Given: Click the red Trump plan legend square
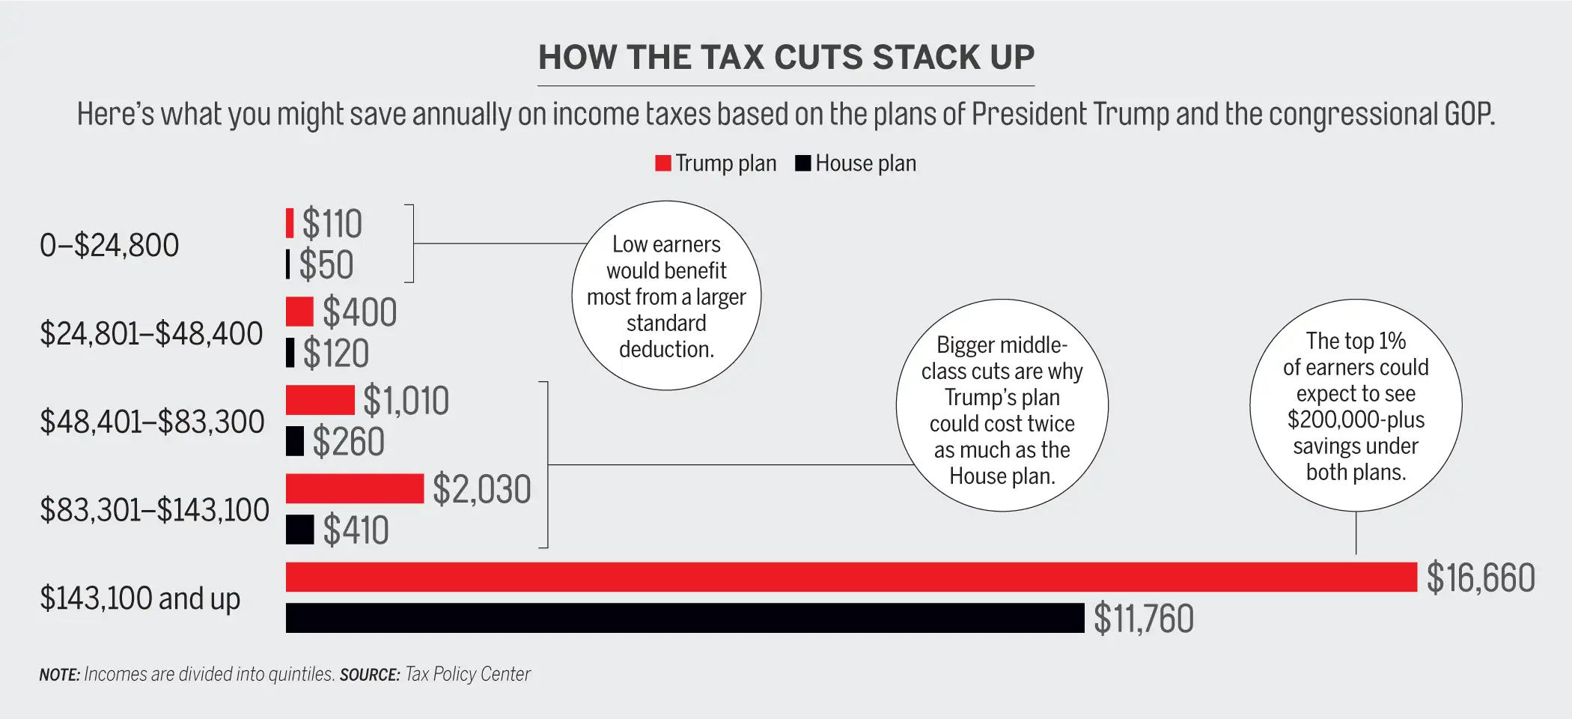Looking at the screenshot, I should (x=662, y=163).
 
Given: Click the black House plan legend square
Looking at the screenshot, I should (x=802, y=163).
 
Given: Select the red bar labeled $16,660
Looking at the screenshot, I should (x=851, y=577).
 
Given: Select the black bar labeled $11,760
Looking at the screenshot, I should (x=684, y=618).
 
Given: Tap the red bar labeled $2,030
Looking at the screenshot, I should (x=355, y=488).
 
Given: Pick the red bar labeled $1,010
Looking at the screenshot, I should (x=320, y=400).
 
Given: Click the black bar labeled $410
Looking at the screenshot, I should (x=299, y=530).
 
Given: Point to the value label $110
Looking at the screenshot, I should (x=332, y=224).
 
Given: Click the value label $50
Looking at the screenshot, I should (x=326, y=264).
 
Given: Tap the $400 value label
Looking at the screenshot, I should (x=359, y=312).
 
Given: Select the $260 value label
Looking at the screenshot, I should (x=348, y=441).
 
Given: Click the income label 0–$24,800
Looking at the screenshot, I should (x=109, y=246).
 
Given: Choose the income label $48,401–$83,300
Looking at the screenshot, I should (x=152, y=422).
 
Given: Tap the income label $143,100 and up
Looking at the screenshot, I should (x=140, y=598).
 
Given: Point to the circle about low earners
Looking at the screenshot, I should (x=666, y=296).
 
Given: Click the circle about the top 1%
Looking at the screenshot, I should (x=1356, y=406).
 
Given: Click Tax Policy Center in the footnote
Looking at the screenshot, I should (x=468, y=674).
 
